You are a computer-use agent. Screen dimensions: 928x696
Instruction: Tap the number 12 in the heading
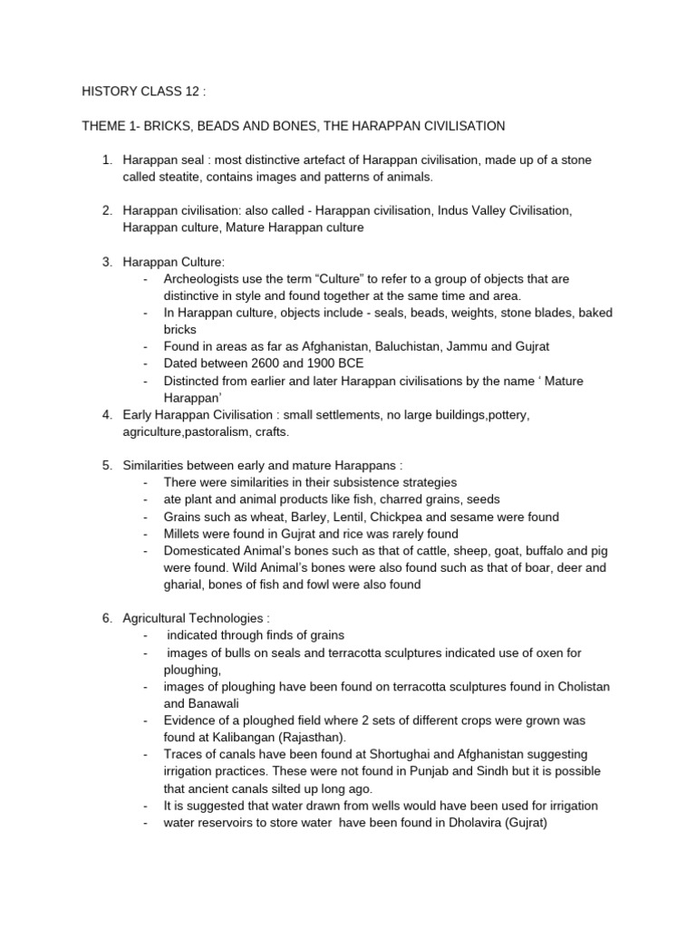tap(194, 91)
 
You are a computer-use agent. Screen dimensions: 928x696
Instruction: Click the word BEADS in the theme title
tap(235, 125)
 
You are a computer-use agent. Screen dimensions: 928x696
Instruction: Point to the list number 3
tap(107, 262)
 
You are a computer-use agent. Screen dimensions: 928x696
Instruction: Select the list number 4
tap(107, 414)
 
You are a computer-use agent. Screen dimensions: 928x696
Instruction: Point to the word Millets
tap(184, 534)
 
